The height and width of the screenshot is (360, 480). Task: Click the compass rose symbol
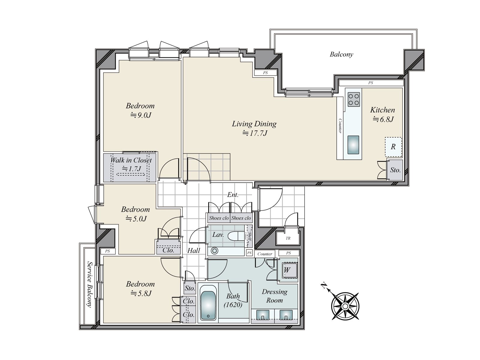click(x=345, y=306)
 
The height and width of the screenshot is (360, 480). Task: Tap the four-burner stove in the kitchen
click(x=354, y=100)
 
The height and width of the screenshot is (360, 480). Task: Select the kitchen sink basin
click(x=353, y=145)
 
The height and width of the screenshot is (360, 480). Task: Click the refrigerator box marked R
click(x=393, y=147)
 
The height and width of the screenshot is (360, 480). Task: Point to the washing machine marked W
click(x=289, y=270)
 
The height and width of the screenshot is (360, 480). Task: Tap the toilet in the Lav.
click(x=236, y=236)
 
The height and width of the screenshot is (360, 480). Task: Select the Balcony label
click(x=341, y=54)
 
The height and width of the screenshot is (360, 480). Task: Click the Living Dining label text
click(x=254, y=124)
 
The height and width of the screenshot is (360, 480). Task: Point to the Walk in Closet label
click(x=131, y=160)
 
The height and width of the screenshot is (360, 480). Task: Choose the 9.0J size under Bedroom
click(x=141, y=115)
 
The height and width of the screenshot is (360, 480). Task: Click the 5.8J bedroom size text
click(x=141, y=293)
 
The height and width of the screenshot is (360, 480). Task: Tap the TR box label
click(x=288, y=238)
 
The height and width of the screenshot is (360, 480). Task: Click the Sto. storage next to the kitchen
click(x=395, y=170)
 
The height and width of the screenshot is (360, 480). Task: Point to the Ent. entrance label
click(x=233, y=194)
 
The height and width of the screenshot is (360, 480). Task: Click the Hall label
click(x=193, y=250)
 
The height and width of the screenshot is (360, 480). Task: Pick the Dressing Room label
click(x=275, y=296)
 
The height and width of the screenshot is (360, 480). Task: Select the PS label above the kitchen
click(x=370, y=83)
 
